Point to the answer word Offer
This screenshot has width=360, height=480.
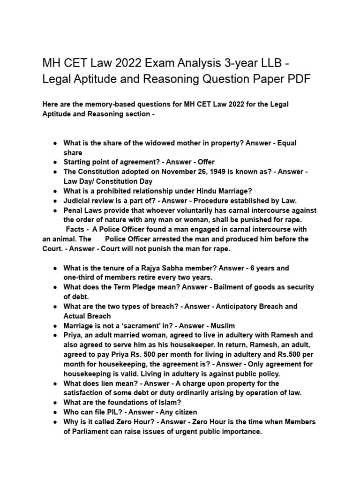point(203,162)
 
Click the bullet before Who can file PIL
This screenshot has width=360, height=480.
point(55,412)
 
